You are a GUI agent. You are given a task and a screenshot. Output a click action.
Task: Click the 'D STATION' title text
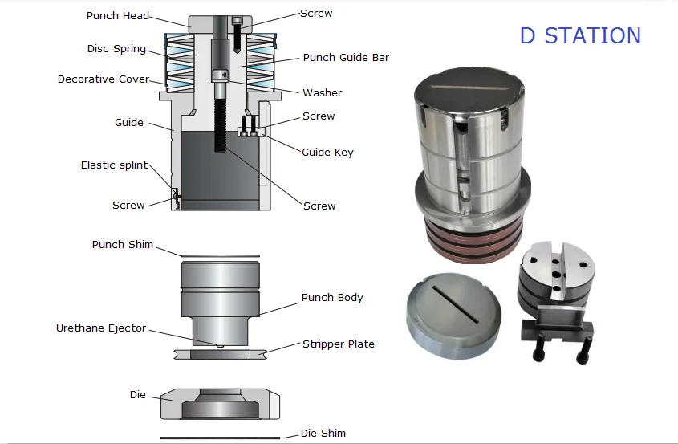click(x=580, y=35)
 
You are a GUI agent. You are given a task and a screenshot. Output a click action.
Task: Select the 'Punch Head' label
click(x=117, y=15)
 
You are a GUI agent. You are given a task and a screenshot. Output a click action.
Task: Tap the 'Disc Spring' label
click(x=116, y=49)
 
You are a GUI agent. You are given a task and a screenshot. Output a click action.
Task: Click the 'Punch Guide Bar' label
click(x=346, y=58)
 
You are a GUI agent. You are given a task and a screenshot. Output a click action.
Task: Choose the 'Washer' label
click(x=322, y=92)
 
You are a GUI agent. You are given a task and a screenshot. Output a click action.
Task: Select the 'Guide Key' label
click(x=327, y=152)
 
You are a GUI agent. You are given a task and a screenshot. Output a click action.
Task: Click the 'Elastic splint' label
click(x=114, y=165)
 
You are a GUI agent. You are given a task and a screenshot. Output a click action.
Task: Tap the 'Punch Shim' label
click(x=122, y=244)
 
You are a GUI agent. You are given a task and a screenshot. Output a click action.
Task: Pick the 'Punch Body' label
click(x=332, y=297)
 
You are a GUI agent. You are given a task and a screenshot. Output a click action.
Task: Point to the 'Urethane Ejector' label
click(x=101, y=328)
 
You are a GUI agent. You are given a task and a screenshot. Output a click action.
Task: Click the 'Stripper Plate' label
click(x=338, y=344)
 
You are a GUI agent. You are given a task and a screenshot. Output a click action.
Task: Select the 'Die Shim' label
click(x=323, y=433)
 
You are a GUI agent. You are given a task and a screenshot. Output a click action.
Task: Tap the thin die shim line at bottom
click(x=220, y=438)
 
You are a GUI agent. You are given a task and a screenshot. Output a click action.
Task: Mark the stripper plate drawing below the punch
click(x=220, y=353)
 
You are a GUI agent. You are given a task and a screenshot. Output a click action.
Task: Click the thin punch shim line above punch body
click(x=220, y=256)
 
